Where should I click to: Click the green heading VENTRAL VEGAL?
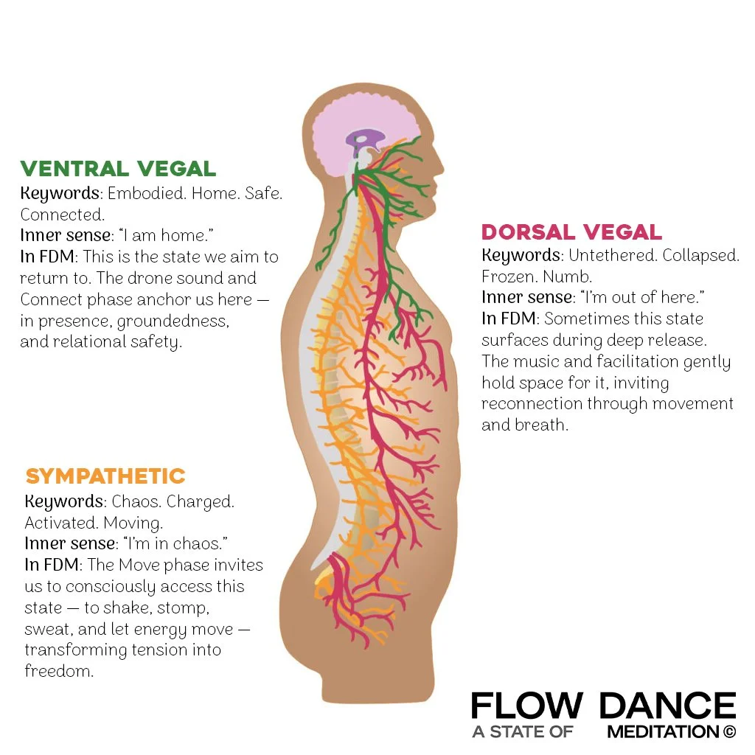coord(118,169)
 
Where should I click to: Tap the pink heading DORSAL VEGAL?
coord(571,232)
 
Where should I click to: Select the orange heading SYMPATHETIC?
coord(105,476)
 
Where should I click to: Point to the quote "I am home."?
coord(164,237)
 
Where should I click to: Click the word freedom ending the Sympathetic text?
coord(59,672)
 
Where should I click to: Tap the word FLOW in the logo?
coord(526,706)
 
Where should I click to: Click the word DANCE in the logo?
coord(667,706)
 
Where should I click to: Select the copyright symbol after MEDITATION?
coord(729,732)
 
